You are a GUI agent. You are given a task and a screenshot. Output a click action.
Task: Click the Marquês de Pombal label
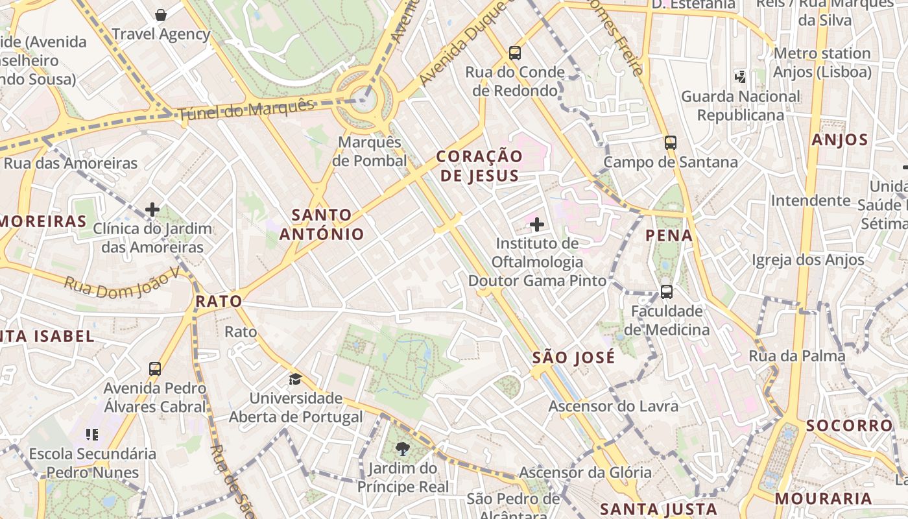point(370,151)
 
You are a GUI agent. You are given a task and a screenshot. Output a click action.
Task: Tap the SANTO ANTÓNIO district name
point(322,224)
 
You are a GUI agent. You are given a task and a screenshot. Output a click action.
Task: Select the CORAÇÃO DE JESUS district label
point(479,166)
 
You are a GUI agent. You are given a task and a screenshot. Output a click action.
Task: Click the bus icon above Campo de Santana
point(671,143)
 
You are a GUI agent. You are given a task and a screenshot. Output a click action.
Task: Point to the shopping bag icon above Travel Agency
point(161,14)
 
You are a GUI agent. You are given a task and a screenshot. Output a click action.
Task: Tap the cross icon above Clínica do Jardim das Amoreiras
point(152,210)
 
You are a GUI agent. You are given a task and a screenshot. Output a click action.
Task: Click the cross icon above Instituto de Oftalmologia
point(537,225)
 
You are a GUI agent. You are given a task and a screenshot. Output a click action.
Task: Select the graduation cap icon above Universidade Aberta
point(296,379)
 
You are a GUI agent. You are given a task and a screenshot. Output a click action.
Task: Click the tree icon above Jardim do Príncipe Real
point(403,448)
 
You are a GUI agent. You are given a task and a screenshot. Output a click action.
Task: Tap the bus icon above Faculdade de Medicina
point(667,292)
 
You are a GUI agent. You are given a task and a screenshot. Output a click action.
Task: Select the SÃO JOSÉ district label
point(573,357)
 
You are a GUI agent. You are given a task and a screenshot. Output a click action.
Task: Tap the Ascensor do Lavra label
point(614,406)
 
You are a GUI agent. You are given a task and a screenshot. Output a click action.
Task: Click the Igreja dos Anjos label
point(808,260)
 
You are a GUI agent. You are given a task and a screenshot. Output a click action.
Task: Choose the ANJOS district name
point(840,139)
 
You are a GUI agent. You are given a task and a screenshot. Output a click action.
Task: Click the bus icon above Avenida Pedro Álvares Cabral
point(155,369)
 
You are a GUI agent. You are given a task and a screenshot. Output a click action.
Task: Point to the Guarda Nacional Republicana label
point(741,106)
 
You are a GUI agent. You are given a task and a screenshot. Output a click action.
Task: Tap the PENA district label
point(669,235)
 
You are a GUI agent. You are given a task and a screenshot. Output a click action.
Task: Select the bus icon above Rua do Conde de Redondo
point(515,53)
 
